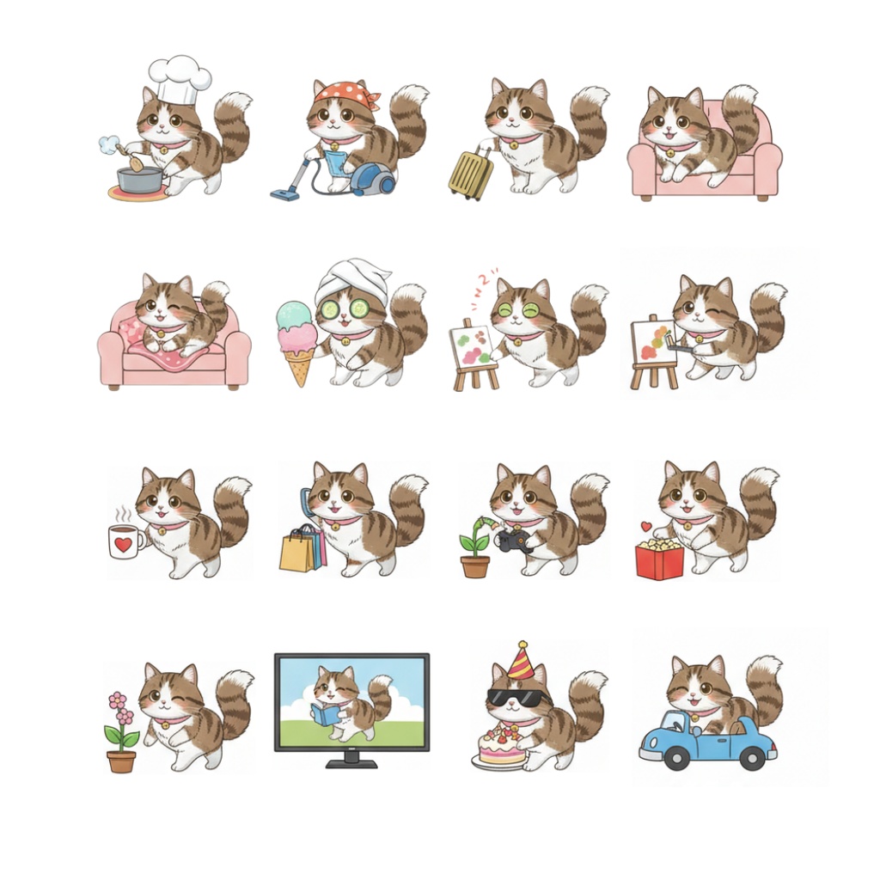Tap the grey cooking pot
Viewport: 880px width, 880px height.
(140, 179)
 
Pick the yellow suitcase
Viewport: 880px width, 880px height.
(472, 174)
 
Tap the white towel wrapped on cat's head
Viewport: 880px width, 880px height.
(353, 279)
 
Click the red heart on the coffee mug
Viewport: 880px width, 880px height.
(124, 543)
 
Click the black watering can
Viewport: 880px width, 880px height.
(515, 541)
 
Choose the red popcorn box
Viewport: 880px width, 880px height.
(659, 560)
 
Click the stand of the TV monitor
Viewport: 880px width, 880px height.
(351, 760)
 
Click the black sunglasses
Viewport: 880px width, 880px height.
(514, 697)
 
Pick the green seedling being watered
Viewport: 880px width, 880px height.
(474, 541)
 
